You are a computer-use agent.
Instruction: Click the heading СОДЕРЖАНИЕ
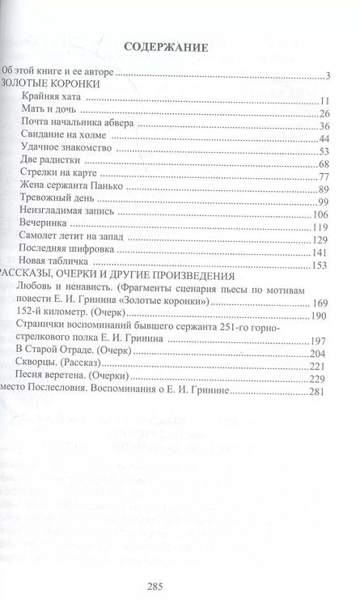click(167, 48)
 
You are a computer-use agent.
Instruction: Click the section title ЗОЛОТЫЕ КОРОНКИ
click(51, 83)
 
